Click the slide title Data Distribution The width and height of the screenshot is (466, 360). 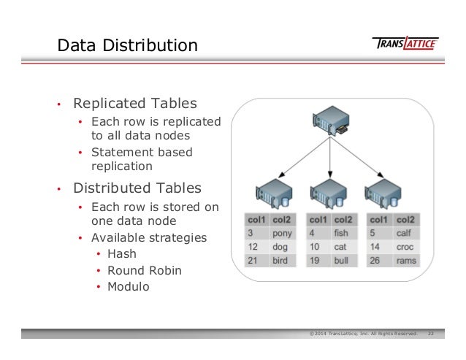tap(127, 46)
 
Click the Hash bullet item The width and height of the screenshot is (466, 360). tap(121, 254)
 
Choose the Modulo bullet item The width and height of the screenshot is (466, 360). tap(128, 286)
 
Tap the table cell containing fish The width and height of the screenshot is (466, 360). tap(342, 234)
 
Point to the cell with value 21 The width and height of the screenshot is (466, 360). tap(255, 261)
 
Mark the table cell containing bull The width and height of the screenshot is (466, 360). tap(342, 261)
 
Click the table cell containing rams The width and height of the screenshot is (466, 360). tap(405, 261)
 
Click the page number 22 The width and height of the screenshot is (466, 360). tap(431, 334)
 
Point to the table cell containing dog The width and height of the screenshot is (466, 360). tap(281, 248)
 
